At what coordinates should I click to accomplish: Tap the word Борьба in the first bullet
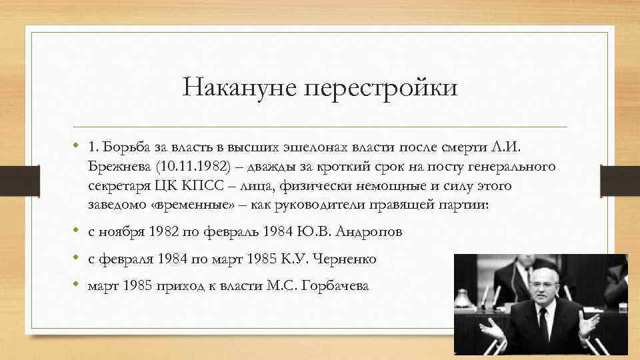click(121, 146)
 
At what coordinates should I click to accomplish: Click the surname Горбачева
click(335, 286)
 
